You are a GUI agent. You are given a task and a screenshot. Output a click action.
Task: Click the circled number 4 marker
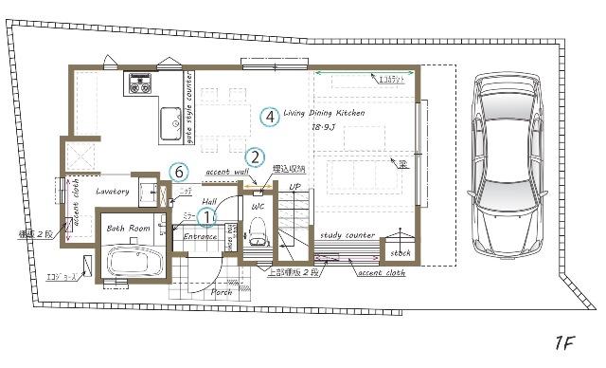point(271,118)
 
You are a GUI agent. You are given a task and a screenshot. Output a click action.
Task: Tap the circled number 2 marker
point(255,157)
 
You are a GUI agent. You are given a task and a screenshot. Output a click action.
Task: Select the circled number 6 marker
point(179,172)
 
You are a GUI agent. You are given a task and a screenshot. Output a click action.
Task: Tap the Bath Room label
point(128,229)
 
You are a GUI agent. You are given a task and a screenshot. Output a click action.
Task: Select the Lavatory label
point(112,192)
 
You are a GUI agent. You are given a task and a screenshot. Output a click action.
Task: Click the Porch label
point(222,292)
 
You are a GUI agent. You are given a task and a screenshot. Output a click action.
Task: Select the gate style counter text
point(188,106)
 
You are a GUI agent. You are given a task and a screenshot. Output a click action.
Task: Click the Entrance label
point(200,236)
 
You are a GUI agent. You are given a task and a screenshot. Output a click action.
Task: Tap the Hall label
point(209,202)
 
